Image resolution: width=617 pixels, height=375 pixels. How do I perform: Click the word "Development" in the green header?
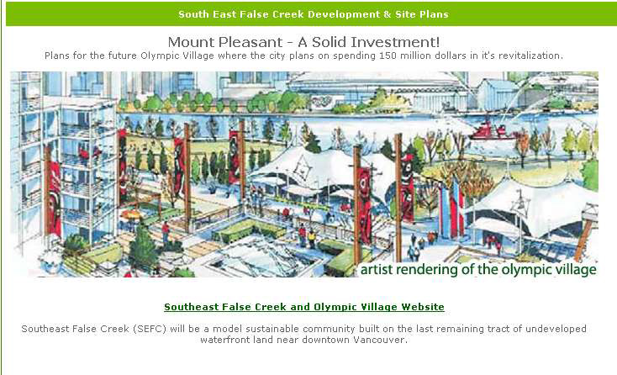click(x=344, y=14)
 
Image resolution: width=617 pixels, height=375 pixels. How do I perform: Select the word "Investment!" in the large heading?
click(x=395, y=42)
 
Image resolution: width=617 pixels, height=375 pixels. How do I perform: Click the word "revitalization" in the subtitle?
click(x=529, y=55)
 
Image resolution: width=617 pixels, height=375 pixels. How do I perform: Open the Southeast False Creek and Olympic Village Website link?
click(x=304, y=307)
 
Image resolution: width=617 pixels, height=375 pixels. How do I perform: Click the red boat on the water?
click(x=488, y=130)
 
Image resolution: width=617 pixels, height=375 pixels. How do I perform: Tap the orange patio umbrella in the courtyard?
click(x=131, y=214)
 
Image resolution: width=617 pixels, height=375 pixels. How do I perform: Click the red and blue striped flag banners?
click(x=451, y=209)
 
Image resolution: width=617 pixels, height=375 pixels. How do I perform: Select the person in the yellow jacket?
click(x=312, y=237)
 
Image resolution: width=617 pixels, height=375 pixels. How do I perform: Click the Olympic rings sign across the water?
click(x=321, y=102)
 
